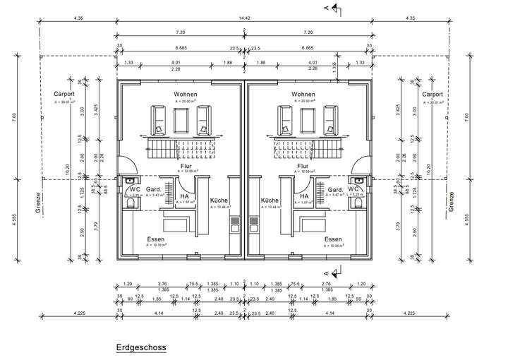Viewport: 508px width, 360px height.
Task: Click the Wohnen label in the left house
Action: click(x=185, y=94)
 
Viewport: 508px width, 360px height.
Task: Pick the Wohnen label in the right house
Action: click(x=303, y=94)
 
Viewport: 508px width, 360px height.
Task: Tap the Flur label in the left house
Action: click(x=186, y=166)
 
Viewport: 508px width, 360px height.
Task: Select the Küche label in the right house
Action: click(x=269, y=200)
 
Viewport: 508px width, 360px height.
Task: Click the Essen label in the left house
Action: click(x=157, y=239)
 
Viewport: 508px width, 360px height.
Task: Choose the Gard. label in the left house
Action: click(x=155, y=189)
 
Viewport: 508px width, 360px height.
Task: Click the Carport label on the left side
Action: click(x=65, y=94)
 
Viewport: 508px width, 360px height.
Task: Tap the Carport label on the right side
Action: click(x=433, y=94)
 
